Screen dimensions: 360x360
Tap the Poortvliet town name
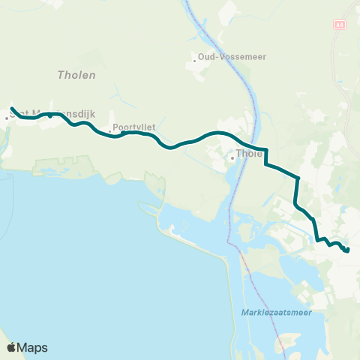pos(134,127)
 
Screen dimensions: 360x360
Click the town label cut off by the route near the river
pos(248,154)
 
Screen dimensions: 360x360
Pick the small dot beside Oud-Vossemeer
pos(194,60)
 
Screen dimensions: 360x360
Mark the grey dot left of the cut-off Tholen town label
pos(232,157)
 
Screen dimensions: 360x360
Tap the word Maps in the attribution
pos(33,347)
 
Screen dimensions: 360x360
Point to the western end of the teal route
pos(11,108)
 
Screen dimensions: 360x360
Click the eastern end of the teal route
pos(348,250)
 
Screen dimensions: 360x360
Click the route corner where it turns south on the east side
pos(298,178)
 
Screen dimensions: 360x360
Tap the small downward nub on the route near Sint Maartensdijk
pos(50,117)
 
